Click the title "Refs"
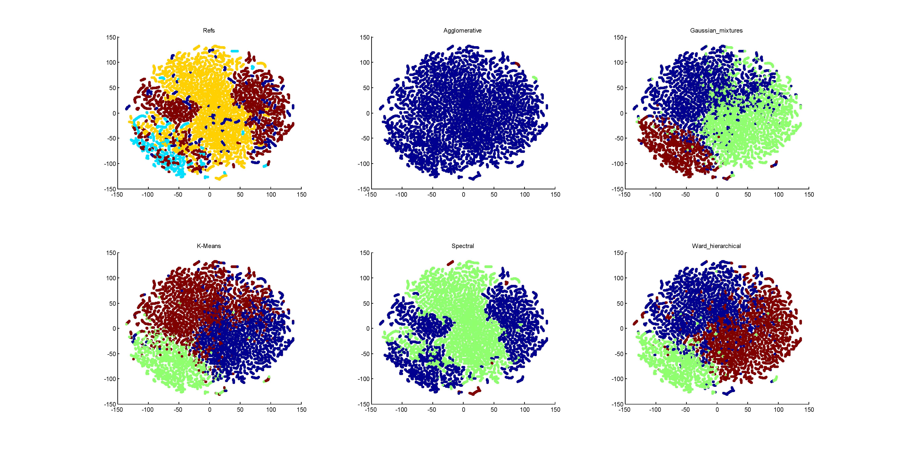point(209,31)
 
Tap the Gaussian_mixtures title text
point(716,31)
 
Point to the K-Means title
point(209,246)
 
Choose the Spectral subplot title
point(463,246)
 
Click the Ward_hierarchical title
point(716,246)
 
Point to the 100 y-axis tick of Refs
point(111,62)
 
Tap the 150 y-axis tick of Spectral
point(365,253)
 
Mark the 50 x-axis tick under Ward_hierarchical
point(747,409)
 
